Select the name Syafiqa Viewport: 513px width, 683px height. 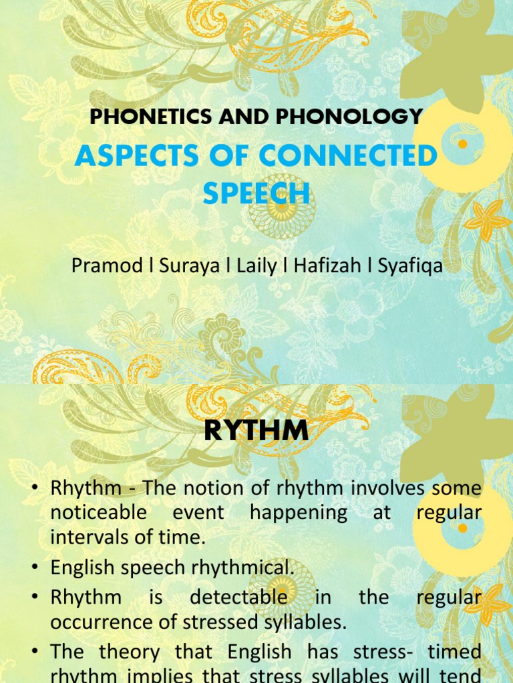tap(410, 265)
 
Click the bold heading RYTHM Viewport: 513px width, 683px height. tap(256, 431)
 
